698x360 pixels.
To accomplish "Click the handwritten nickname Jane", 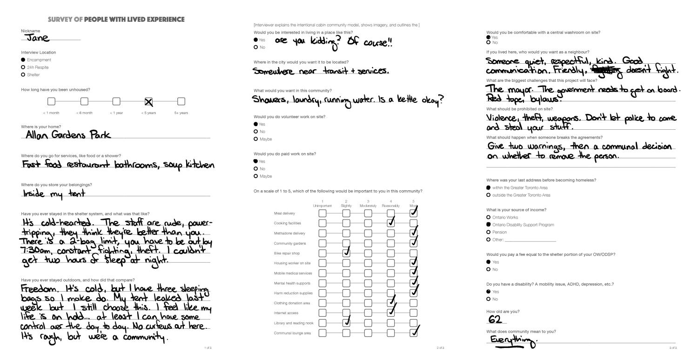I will pos(37,38).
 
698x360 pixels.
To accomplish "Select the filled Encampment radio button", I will pos(23,60).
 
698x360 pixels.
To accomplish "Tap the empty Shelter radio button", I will pos(23,75).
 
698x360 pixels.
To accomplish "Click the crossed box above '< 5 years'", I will pos(148,101).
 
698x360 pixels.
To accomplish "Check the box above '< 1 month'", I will pos(51,101).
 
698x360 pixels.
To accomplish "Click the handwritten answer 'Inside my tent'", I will pos(54,193).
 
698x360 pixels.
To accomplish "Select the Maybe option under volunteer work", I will pos(255,139).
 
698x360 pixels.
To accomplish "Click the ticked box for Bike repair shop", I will pos(346,253).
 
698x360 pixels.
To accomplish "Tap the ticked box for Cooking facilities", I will pos(391,223).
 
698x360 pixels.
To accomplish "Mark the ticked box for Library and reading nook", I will pos(346,323).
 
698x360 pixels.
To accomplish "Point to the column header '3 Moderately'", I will pos(368,203).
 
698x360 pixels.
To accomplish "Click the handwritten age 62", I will pos(495,320).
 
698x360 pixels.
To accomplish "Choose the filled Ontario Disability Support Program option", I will pos(488,225).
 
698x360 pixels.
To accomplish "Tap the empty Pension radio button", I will pos(488,232).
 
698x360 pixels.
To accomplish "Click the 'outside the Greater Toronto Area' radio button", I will pos(488,195).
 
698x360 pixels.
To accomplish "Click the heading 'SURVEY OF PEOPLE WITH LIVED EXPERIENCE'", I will pos(116,20).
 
